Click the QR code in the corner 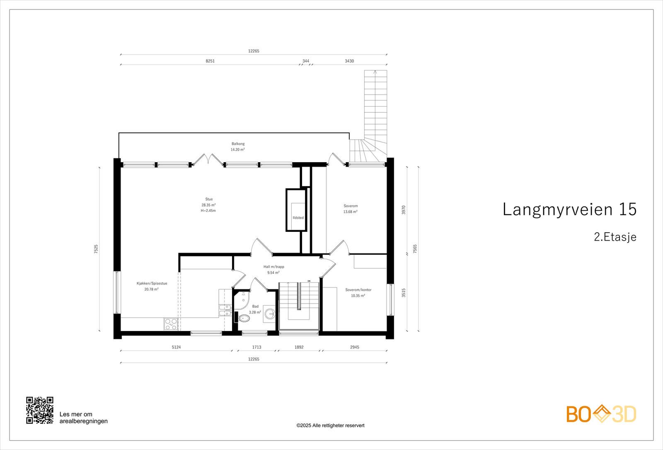40,410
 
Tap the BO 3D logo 601,414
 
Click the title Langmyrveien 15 569,209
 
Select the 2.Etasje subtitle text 615,237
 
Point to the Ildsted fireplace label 298,218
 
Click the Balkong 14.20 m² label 238,146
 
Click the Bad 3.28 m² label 255,309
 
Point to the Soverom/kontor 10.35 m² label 358,293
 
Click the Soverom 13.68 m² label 351,209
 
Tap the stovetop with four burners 171,324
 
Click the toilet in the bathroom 244,319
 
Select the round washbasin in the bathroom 270,314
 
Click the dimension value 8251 210,61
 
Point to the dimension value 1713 256,347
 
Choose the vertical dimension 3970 404,210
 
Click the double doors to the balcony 208,160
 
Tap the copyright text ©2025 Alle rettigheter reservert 330,426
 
